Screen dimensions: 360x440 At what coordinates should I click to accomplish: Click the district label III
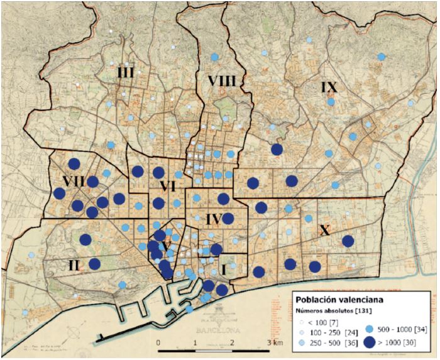pos(126,73)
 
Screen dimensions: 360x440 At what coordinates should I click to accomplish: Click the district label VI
pos(167,186)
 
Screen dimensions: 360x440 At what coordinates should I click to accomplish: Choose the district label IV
pos(214,219)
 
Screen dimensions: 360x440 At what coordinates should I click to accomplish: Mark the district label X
pos(324,231)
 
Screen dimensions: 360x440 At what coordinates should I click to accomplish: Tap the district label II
pos(74,265)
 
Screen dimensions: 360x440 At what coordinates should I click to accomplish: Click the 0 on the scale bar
pos(158,342)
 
